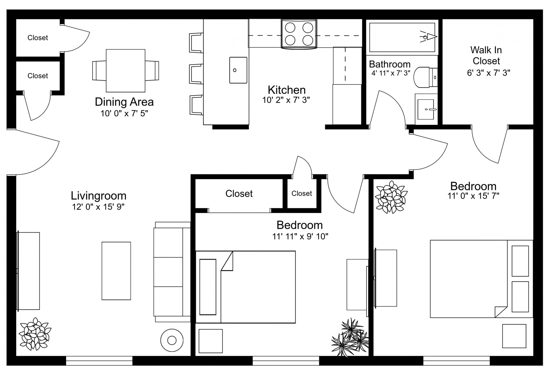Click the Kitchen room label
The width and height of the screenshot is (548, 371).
(x=287, y=90)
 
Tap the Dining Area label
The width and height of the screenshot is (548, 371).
(x=124, y=102)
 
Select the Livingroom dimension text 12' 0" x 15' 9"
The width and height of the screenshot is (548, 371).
(x=98, y=207)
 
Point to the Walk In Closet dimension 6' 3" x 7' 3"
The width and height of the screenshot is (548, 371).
(x=488, y=73)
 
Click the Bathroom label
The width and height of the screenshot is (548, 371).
(x=390, y=64)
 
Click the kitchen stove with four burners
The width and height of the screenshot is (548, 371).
(x=299, y=34)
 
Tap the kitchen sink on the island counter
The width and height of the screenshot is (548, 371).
(x=238, y=70)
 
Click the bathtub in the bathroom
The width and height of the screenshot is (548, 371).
(x=402, y=37)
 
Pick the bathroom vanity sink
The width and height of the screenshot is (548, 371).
(x=426, y=109)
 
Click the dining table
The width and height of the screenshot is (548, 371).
(x=125, y=71)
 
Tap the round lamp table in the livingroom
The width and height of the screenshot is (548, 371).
(x=172, y=340)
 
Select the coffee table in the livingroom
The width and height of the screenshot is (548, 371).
(x=116, y=271)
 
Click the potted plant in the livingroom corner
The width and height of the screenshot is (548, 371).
(x=35, y=334)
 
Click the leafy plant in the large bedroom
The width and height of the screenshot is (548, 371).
(x=391, y=197)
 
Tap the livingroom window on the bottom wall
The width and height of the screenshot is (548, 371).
(x=99, y=360)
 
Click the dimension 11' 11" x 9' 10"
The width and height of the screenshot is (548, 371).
(x=300, y=236)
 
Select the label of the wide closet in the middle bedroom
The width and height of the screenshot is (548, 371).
(x=239, y=194)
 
